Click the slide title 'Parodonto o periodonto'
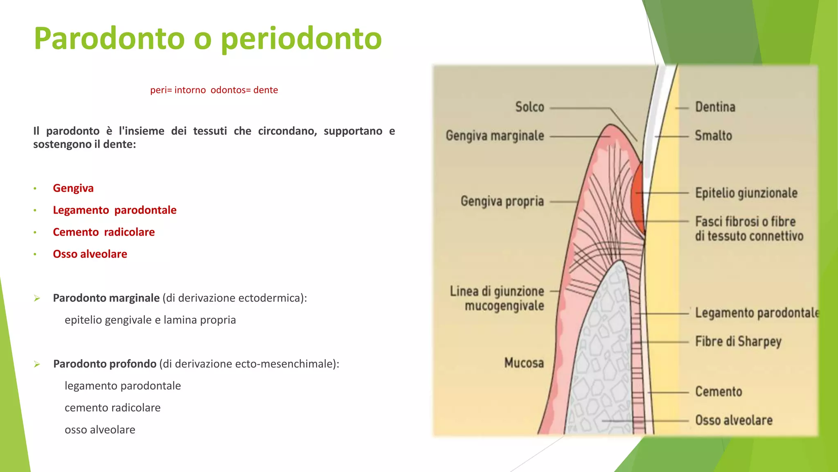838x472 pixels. pos(207,39)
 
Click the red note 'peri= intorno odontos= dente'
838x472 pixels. pos(214,90)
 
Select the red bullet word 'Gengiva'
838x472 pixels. pos(73,188)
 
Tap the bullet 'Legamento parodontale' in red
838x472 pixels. pos(115,210)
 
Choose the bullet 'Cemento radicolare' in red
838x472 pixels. pos(104,232)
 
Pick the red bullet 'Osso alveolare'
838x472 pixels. pos(90,254)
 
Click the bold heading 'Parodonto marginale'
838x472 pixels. pos(106,298)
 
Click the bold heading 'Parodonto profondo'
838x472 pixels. pos(105,364)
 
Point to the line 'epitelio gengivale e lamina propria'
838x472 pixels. pos(150,320)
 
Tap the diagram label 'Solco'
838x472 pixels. pos(529,107)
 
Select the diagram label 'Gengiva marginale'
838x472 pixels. pos(495,136)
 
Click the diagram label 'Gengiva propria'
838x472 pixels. pos(502,201)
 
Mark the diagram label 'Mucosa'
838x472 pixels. pos(524,363)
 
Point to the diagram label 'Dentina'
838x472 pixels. pos(715,107)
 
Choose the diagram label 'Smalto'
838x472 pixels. pos(713,136)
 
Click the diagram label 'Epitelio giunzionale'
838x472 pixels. pos(746,193)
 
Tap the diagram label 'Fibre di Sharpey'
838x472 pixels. pos(738,342)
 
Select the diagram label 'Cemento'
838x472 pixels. pos(719,392)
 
